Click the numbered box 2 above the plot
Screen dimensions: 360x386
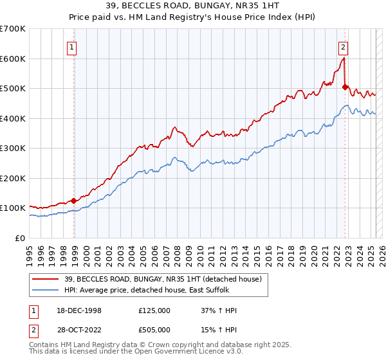tap(344, 46)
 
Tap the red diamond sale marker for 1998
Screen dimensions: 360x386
tap(74, 201)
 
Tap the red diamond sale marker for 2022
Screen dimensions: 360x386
tap(345, 87)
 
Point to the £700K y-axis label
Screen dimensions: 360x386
tap(12, 29)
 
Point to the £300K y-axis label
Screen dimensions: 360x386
tap(12, 148)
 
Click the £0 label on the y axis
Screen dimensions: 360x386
tap(19, 238)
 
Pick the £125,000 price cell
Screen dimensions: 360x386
tap(154, 310)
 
